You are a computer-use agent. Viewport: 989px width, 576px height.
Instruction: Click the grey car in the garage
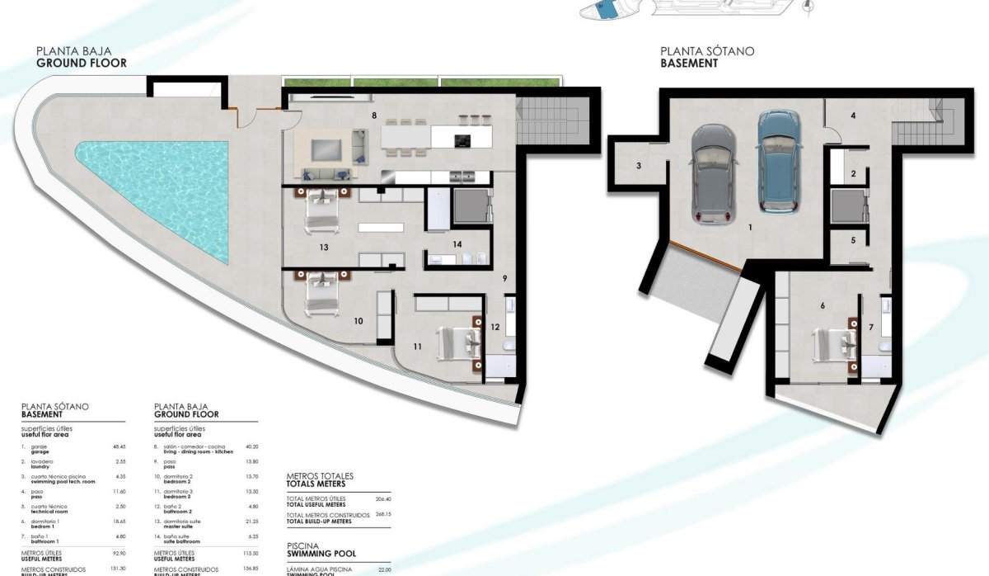click(715, 174)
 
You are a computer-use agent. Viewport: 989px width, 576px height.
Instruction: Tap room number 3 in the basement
click(639, 166)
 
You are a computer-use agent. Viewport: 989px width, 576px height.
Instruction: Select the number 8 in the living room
click(374, 116)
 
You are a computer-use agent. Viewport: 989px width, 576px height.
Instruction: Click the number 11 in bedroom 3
click(417, 347)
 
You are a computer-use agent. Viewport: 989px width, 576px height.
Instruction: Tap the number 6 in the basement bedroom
click(823, 305)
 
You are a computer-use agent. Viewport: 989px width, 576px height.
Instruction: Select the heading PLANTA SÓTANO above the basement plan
click(707, 51)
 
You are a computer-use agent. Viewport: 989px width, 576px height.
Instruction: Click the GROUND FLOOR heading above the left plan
click(82, 62)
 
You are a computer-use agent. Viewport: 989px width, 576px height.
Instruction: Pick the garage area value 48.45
click(119, 446)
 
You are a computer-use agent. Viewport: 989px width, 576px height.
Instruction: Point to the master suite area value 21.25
click(253, 522)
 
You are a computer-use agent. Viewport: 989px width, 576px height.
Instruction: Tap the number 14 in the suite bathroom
click(457, 243)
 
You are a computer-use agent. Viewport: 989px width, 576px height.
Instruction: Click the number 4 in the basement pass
click(853, 116)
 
